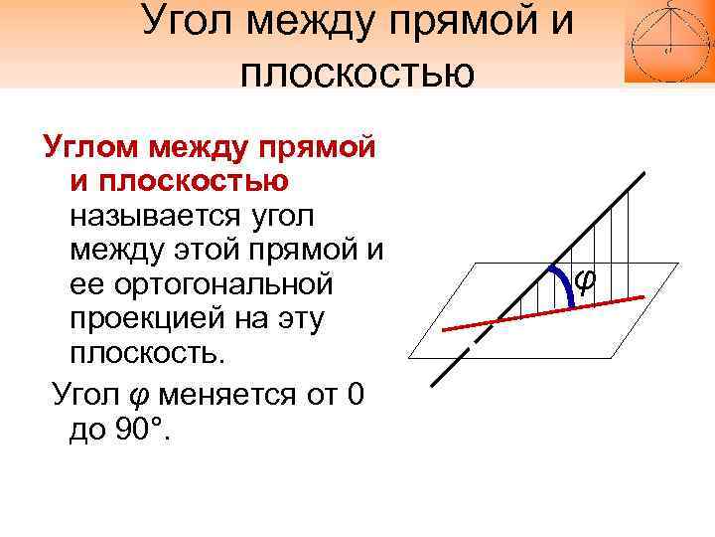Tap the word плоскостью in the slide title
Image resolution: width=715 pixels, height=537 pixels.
pos(357,72)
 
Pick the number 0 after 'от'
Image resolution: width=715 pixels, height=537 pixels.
pos(356,396)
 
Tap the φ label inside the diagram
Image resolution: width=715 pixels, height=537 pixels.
pos(584,279)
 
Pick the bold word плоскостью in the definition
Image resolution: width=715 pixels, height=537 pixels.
pos(179,181)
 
